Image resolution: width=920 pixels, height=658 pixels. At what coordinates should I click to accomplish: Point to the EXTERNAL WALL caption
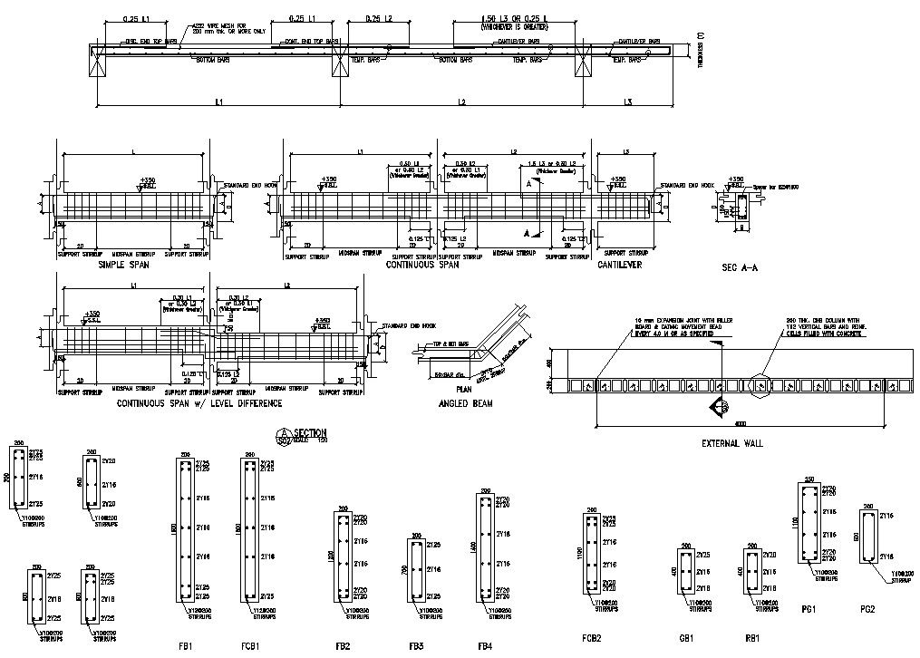click(733, 443)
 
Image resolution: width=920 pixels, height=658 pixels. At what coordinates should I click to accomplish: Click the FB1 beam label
click(185, 622)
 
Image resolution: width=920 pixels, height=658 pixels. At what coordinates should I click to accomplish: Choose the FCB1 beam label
click(252, 622)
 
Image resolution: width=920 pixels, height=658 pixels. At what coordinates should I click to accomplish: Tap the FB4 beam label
click(485, 622)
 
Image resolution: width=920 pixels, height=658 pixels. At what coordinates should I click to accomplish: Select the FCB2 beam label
click(591, 637)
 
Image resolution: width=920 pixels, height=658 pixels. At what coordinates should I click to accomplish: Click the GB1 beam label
click(686, 637)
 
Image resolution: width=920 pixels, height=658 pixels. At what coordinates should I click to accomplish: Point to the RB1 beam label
click(752, 637)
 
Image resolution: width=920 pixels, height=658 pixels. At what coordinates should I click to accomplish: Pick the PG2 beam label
click(867, 609)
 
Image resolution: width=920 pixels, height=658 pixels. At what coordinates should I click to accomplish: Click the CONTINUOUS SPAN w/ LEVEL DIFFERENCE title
click(199, 403)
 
